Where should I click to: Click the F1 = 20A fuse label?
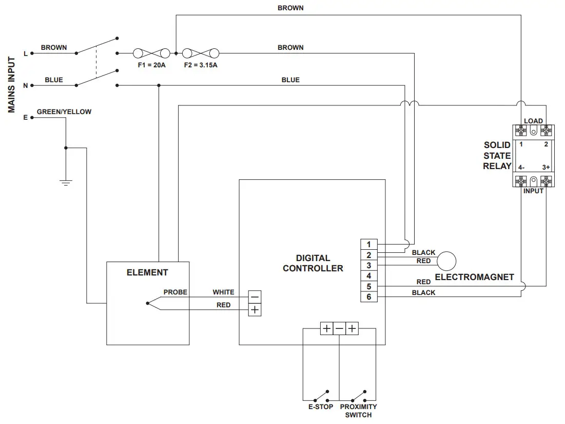[151, 65]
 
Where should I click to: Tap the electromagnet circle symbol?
[446, 261]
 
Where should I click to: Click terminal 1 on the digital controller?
[368, 244]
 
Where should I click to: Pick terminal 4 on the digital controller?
[368, 276]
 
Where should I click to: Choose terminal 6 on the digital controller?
[368, 297]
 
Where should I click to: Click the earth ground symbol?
[66, 182]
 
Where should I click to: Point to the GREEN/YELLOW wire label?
[64, 112]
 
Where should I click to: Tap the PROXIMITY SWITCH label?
[358, 411]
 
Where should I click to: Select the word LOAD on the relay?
[533, 121]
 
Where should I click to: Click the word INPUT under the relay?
[533, 191]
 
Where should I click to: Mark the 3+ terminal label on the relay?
[546, 168]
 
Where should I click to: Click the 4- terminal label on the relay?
[521, 168]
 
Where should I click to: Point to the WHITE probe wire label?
[223, 292]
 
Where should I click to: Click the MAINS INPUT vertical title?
[12, 85]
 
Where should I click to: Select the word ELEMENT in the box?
[147, 272]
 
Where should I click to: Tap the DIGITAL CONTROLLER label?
[313, 263]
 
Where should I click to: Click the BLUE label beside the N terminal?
[54, 80]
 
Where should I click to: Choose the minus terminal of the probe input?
[255, 297]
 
